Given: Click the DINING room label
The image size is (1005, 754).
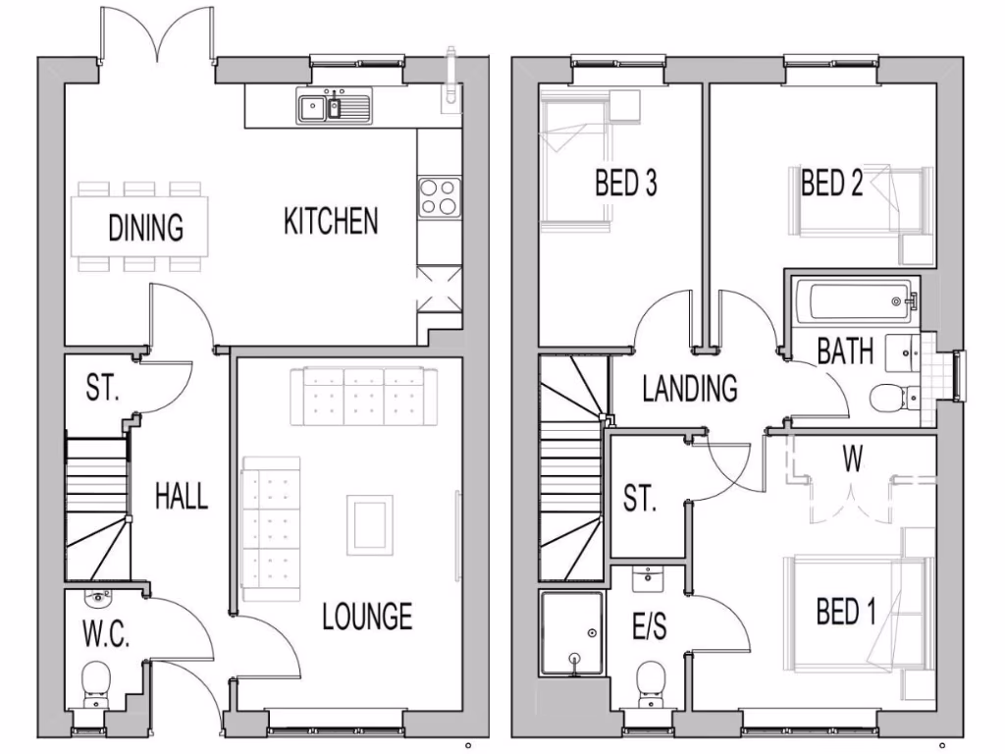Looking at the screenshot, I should [x=146, y=228].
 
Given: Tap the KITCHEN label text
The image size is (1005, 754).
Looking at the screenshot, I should [x=331, y=221].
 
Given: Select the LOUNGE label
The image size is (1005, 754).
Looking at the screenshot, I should [x=367, y=617].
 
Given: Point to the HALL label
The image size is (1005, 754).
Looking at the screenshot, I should [x=182, y=496].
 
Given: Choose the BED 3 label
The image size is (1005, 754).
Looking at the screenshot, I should [x=625, y=184].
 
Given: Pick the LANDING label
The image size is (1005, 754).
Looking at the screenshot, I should [x=690, y=389].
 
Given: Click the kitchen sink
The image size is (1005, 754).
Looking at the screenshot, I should [x=334, y=106].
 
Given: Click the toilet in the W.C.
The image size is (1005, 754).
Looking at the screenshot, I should [x=96, y=681].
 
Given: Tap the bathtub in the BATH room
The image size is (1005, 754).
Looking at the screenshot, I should [x=854, y=302].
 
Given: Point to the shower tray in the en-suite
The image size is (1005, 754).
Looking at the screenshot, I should [x=571, y=633].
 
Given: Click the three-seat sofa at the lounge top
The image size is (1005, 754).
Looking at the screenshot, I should [x=357, y=397].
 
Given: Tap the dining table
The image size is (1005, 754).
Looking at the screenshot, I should [x=139, y=227].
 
